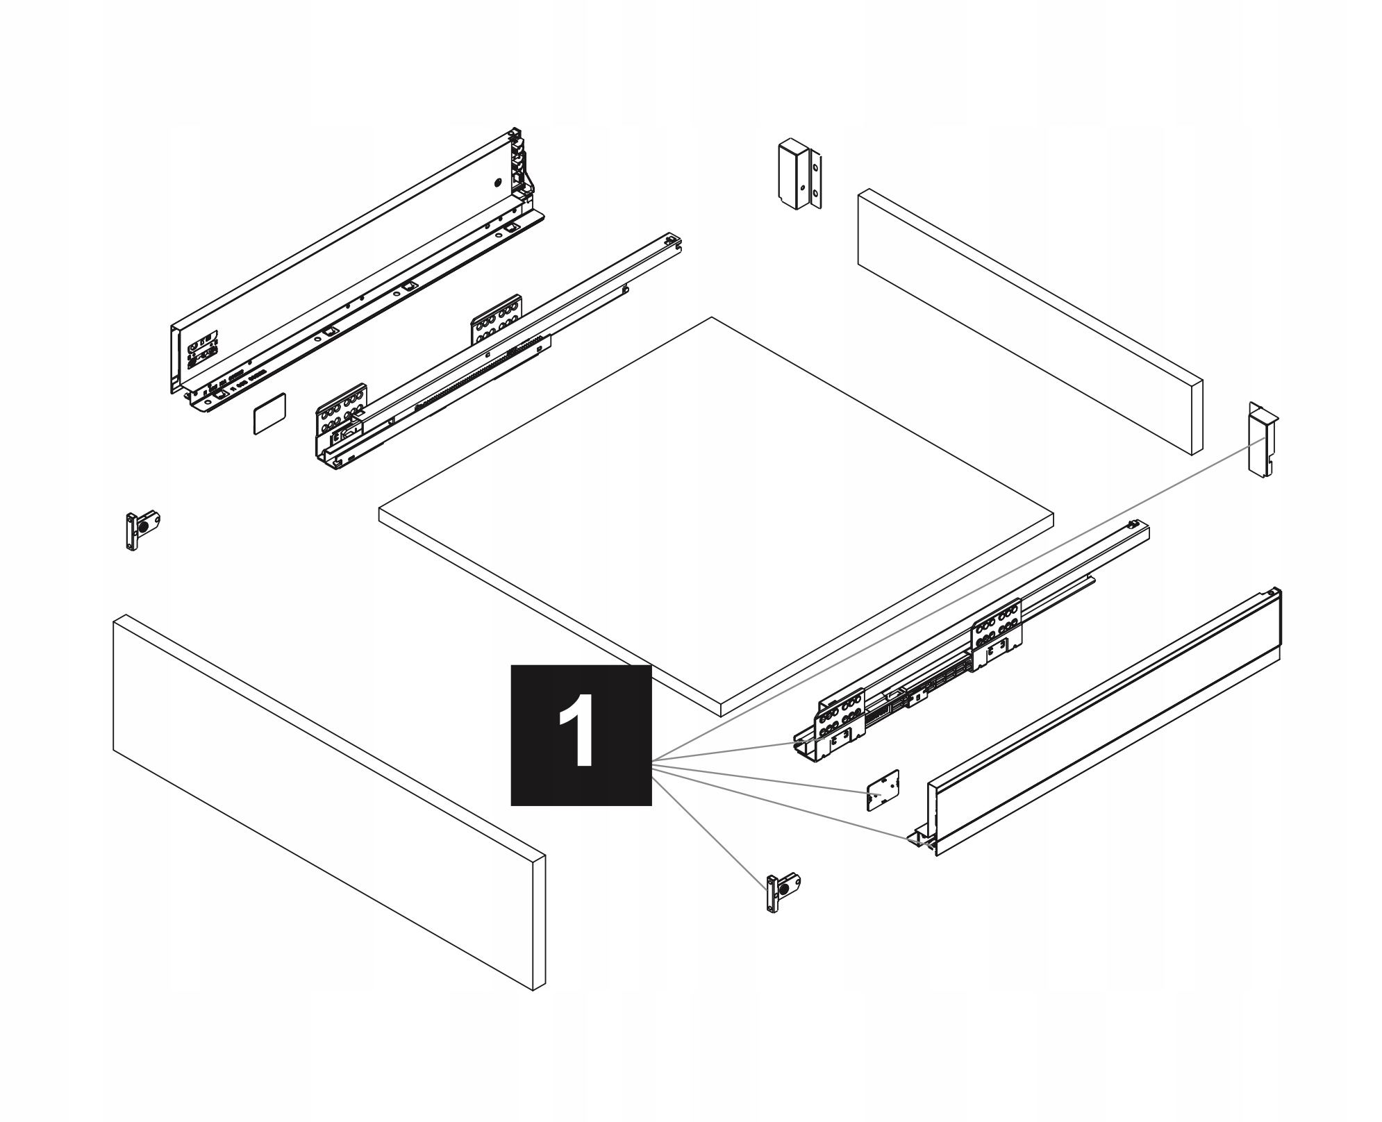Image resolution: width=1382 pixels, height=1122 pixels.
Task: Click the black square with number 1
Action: click(581, 735)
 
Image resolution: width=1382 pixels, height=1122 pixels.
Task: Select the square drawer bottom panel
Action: click(715, 514)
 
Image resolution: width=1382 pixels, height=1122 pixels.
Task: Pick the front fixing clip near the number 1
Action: click(782, 891)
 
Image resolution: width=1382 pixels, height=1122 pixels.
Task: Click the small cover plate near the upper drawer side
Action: click(269, 413)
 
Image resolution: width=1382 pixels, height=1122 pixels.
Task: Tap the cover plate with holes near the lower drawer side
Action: click(883, 789)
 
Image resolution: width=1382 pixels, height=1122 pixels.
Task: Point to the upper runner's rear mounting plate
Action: click(497, 319)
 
